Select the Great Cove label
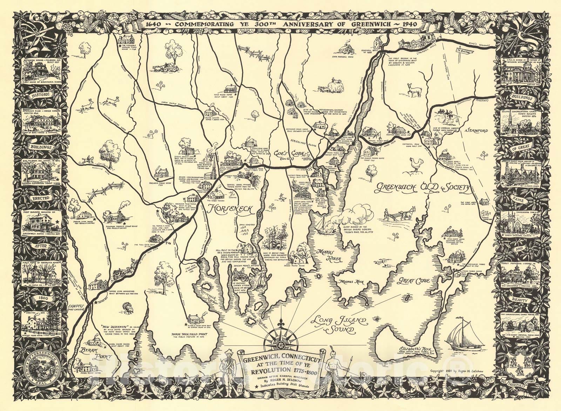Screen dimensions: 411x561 coord(411,281)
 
